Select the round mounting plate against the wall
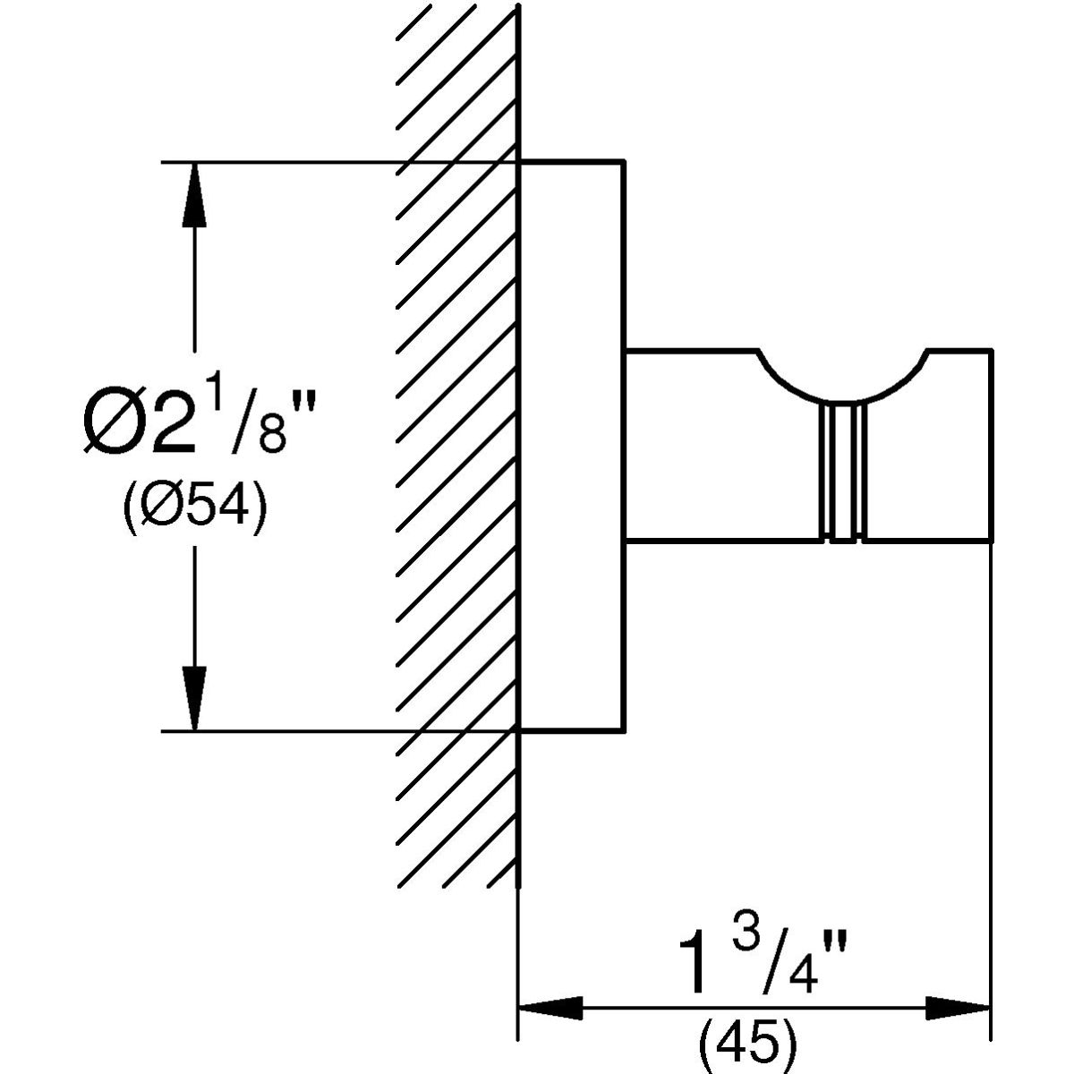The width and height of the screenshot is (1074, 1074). (x=571, y=447)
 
